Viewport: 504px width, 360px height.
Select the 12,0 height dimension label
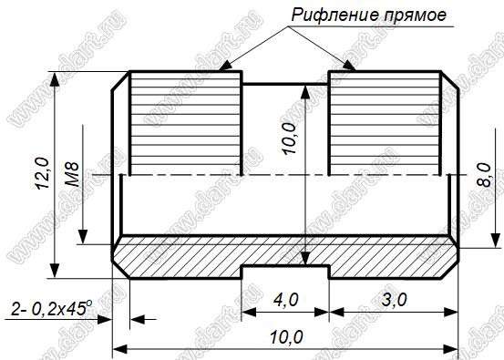coord(43,173)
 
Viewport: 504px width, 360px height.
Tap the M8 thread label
coord(72,175)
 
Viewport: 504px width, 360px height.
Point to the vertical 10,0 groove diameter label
coord(290,139)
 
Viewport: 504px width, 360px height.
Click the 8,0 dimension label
coord(484,175)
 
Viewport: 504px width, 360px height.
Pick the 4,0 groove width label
coord(286,300)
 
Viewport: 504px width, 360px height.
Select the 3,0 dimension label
coord(395,300)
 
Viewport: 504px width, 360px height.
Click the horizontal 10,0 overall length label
coord(286,337)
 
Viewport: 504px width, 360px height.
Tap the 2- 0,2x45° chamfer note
coord(52,308)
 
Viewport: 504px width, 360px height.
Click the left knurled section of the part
coord(186,123)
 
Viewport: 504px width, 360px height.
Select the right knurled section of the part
coord(385,123)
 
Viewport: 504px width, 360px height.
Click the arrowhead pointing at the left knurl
coord(225,65)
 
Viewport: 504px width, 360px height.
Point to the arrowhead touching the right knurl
coord(349,65)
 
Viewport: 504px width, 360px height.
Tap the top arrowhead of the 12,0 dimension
coord(55,79)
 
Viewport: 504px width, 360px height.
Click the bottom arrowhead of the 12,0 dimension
coord(55,271)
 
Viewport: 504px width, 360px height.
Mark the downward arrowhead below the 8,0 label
coord(495,240)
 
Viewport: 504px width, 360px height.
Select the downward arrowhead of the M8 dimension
coord(83,237)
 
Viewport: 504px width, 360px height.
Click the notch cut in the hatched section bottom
coord(285,272)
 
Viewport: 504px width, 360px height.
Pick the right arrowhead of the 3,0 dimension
coord(450,312)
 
